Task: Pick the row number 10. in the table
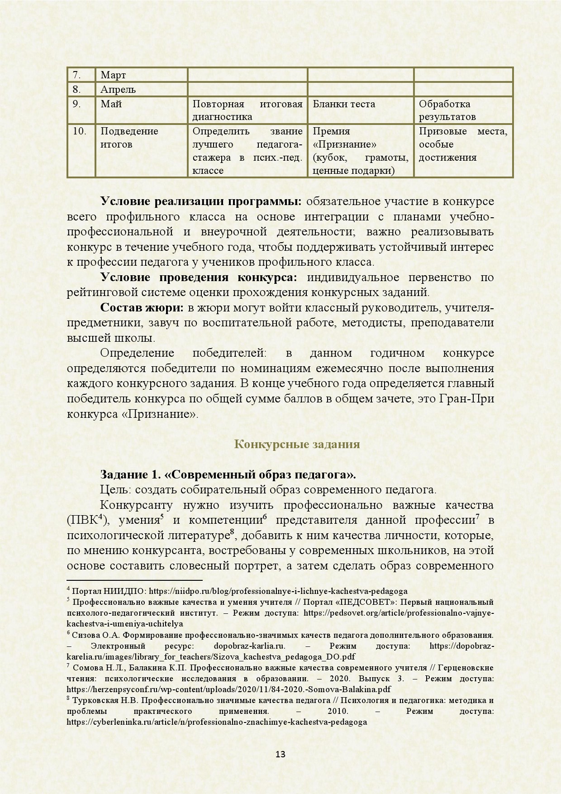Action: click(x=80, y=131)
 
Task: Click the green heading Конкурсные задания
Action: click(x=297, y=444)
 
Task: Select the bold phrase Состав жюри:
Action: click(x=142, y=308)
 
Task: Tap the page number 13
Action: click(x=280, y=754)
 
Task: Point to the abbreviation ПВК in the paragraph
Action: click(x=85, y=521)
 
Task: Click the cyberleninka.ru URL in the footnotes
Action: click(x=216, y=722)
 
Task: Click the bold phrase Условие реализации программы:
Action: click(x=200, y=201)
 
